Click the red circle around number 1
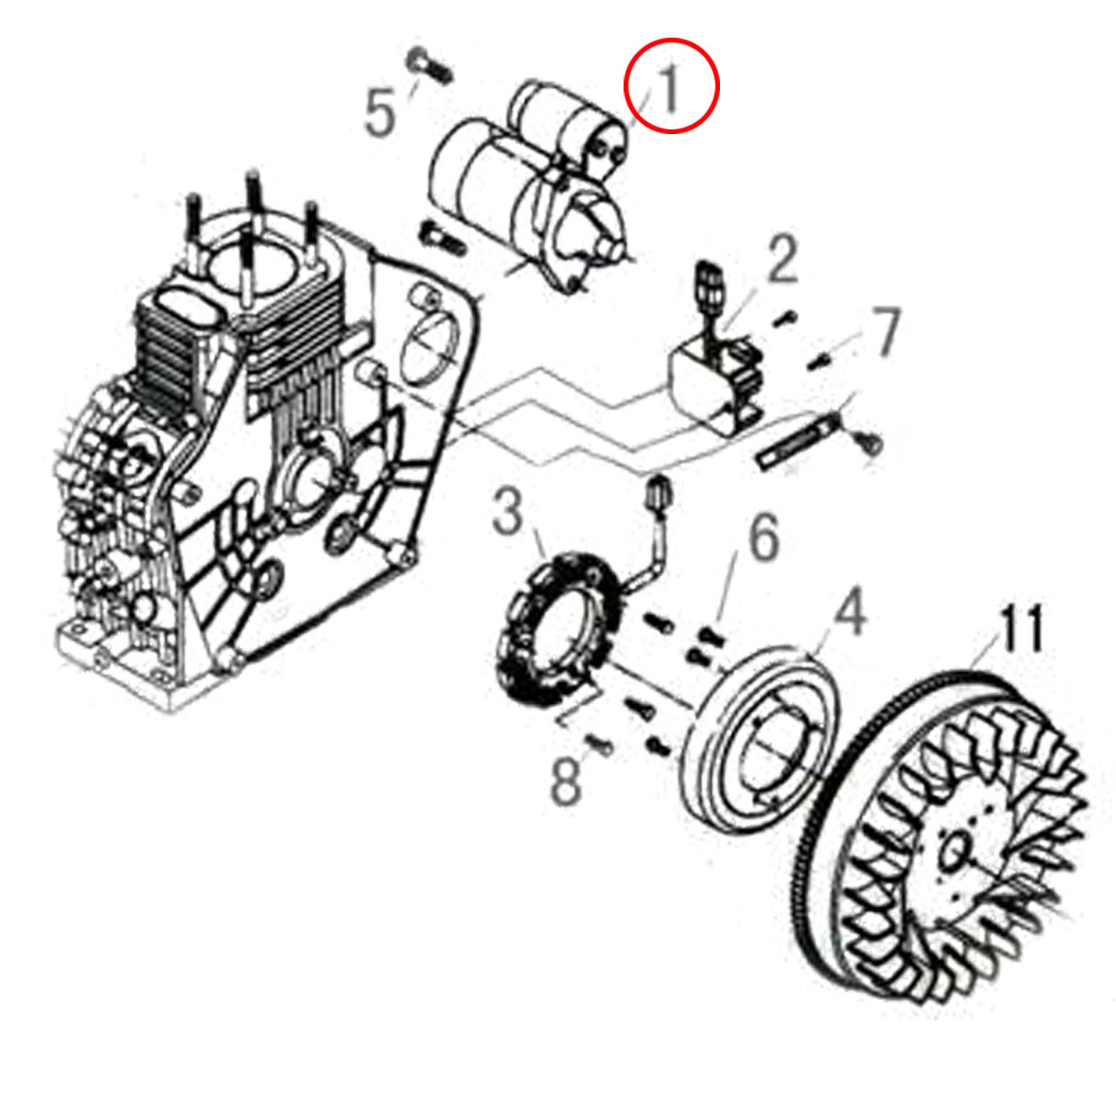coord(670,85)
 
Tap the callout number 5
coord(380,112)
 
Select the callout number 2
coord(783,259)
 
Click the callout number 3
coord(507,511)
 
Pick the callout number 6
coord(764,538)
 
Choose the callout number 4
coord(851,612)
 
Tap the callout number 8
coord(566,782)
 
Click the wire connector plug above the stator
coord(658,496)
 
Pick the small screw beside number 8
coord(600,746)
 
